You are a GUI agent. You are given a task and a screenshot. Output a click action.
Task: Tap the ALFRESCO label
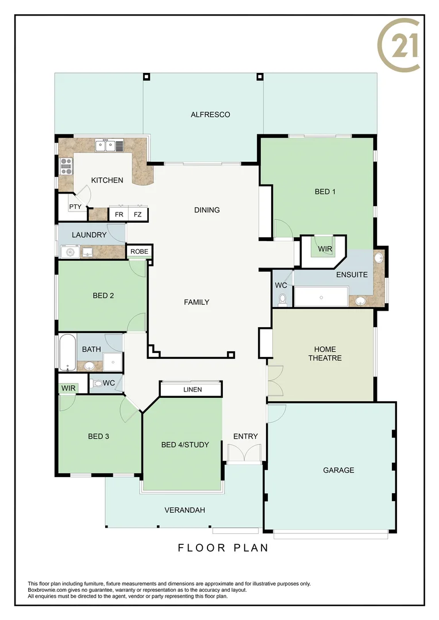[210, 115]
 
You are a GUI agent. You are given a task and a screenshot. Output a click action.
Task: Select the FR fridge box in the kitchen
[119, 215]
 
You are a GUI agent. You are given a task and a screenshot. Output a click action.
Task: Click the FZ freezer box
[138, 215]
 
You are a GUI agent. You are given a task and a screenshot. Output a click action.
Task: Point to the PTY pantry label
[75, 207]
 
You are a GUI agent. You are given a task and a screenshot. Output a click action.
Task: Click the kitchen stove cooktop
[66, 166]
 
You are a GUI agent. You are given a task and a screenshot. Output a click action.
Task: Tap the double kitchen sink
[106, 146]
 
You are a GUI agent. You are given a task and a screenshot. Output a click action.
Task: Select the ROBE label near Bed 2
[139, 251]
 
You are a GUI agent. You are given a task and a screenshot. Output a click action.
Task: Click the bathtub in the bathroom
[67, 352]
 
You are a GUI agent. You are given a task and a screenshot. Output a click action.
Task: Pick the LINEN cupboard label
[192, 390]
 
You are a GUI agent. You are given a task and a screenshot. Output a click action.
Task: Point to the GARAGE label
[338, 470]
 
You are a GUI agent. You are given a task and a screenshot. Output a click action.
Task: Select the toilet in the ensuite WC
[282, 300]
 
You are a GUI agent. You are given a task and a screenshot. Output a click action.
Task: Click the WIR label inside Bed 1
[325, 249]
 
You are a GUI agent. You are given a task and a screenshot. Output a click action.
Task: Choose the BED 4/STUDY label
[185, 445]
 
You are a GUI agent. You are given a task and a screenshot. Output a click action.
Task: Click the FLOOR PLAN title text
[223, 548]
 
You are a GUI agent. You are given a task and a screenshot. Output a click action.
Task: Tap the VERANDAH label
[184, 510]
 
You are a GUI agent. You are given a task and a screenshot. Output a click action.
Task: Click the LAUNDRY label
[89, 235]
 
